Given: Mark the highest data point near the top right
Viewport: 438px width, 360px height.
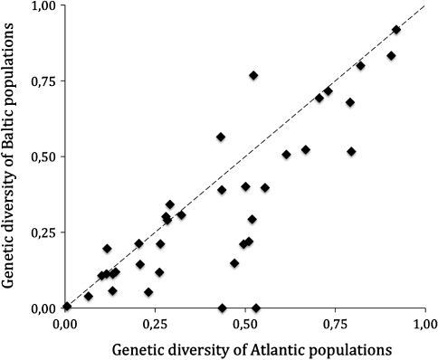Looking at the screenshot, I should tap(396, 30).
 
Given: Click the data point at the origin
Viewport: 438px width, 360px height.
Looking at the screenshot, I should tap(66, 307).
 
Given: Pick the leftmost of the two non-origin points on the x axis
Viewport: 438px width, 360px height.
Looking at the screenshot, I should tap(222, 308).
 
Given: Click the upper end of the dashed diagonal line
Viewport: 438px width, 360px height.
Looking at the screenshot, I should tap(424, 8).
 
